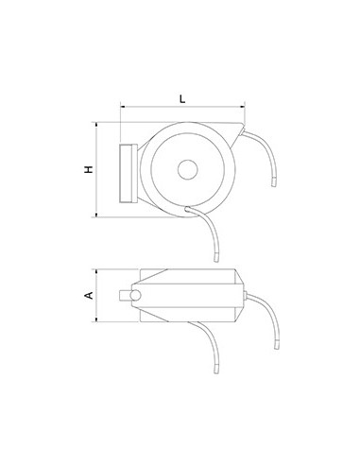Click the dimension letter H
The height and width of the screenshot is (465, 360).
tap(87, 170)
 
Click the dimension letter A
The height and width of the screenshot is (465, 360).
tap(88, 296)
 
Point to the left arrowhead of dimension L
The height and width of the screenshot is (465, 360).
tap(123, 108)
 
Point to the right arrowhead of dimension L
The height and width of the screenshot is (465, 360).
tap(249, 108)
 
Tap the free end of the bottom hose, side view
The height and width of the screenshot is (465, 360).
tap(216, 258)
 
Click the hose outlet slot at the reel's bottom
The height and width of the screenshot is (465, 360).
tap(195, 208)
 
